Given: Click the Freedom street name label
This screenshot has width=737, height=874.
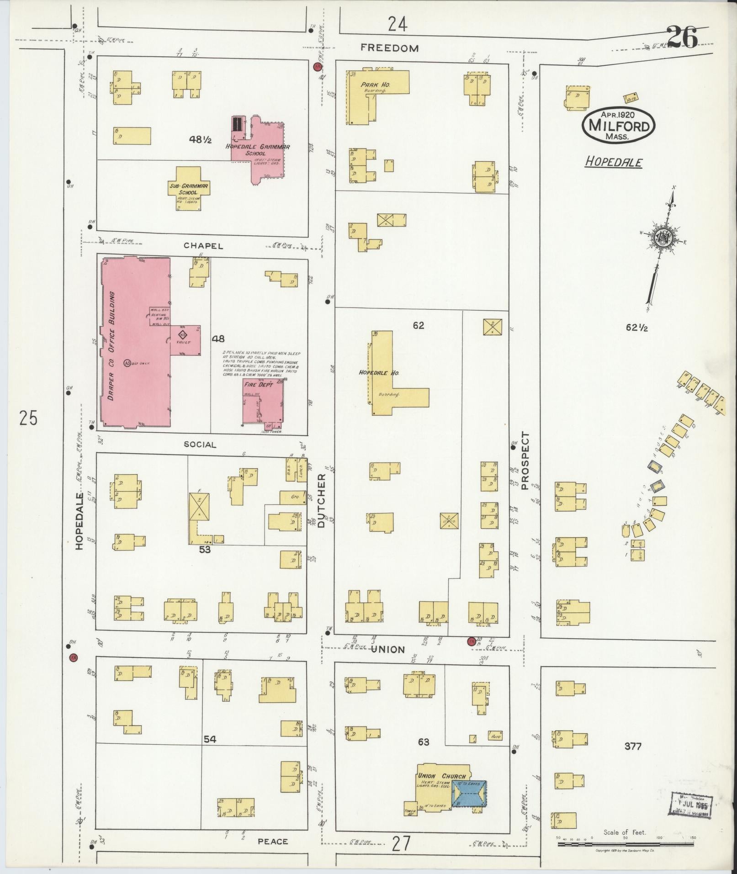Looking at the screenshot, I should [389, 48].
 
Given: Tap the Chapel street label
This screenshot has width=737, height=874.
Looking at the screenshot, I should [203, 246].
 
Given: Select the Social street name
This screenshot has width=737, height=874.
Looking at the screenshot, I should [200, 445].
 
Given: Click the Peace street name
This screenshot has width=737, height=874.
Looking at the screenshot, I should [273, 841].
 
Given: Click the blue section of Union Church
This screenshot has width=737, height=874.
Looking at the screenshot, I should [469, 793].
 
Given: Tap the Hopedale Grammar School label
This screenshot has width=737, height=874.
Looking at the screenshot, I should [258, 150].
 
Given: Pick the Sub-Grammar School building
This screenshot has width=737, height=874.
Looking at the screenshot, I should [189, 189].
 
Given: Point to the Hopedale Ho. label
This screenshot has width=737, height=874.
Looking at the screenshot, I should [379, 373].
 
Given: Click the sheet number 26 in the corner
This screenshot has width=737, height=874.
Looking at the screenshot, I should [681, 37].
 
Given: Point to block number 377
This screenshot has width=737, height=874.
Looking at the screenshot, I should [633, 746].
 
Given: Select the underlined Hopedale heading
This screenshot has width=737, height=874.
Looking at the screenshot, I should [614, 162].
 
